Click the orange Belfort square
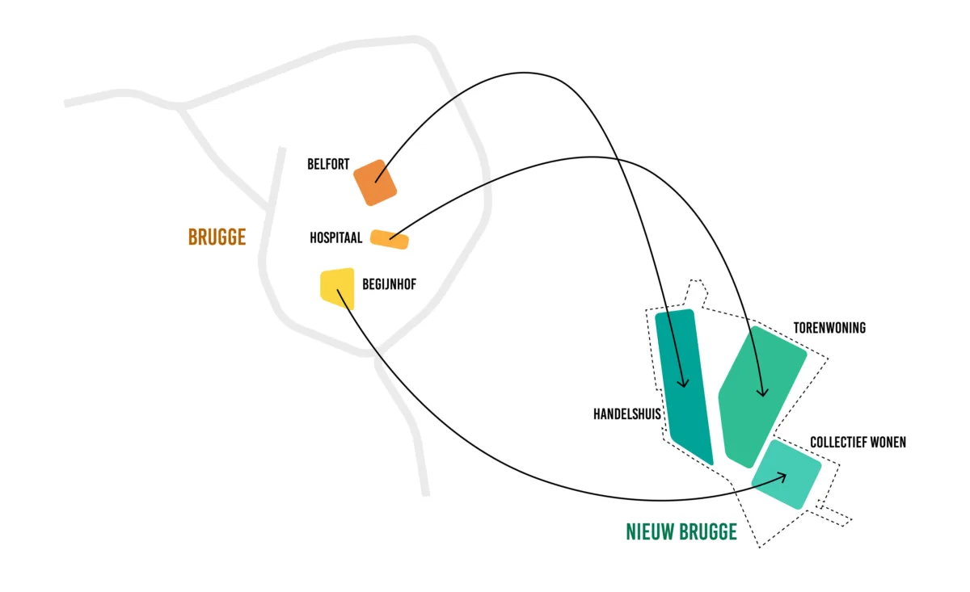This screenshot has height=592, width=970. point(376,182)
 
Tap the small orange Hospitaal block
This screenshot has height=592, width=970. point(390,239)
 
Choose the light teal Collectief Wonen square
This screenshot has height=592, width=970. point(787,474)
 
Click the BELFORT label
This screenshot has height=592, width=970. point(328,165)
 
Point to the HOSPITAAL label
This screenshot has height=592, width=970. point(335,238)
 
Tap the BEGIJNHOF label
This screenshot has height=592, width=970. point(390,284)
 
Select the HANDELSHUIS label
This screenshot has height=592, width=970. point(627,414)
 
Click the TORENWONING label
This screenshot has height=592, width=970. point(829,328)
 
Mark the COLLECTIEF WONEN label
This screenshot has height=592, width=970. point(858,443)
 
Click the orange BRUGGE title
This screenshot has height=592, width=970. point(217,237)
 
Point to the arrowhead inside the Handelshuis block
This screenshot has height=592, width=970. point(684,384)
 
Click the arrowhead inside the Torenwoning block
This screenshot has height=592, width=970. point(761,393)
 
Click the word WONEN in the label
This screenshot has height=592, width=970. point(888,443)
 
